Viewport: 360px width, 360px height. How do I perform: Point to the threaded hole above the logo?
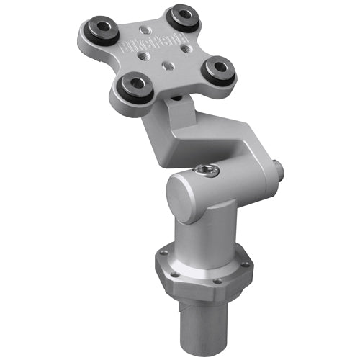pos(148,30)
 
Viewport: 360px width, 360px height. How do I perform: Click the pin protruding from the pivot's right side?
pos(279,171)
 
